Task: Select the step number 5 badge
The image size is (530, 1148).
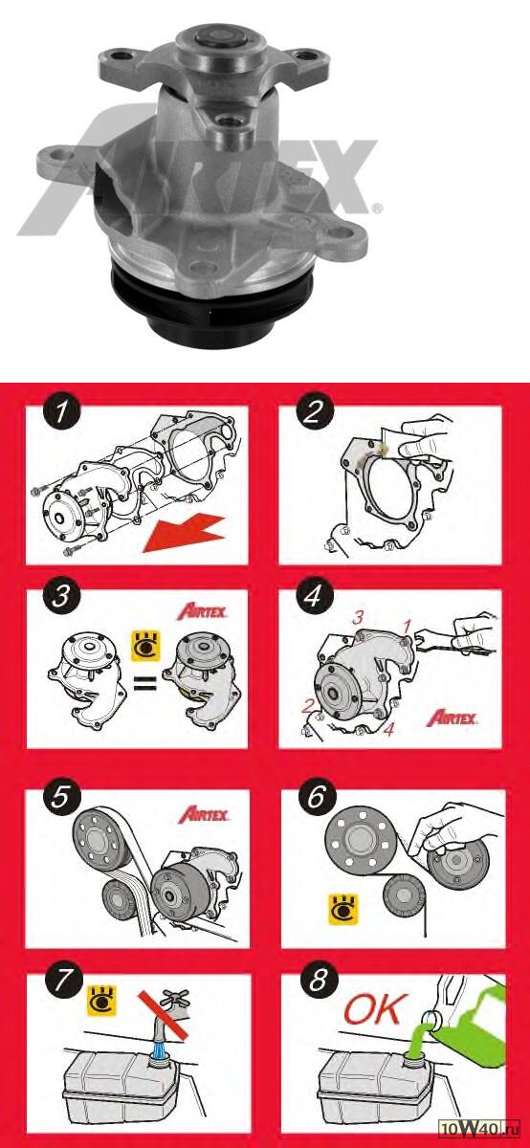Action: pos(60,798)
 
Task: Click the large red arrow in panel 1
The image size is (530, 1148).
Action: pos(185,535)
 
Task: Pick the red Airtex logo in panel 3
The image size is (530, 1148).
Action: pos(202,611)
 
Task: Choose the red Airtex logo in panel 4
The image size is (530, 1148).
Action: pos(453,717)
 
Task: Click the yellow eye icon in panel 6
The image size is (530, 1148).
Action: pos(342,910)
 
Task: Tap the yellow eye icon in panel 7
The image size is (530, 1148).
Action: pos(102,1000)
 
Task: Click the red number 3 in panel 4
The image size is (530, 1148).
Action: pos(357,618)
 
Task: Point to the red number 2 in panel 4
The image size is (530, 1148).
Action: pos(307,708)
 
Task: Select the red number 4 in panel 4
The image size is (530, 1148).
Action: pos(389,729)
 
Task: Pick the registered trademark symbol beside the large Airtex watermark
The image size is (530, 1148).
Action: pos(377,209)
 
